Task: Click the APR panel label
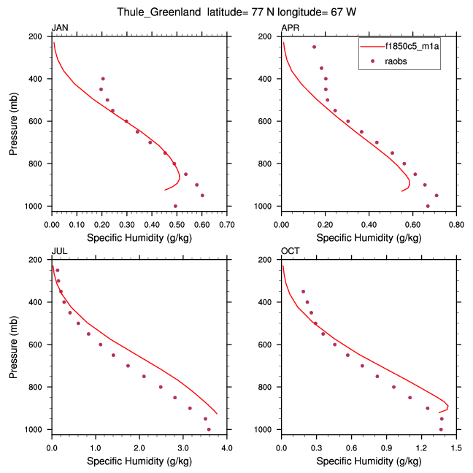coord(290,28)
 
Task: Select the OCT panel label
coord(290,251)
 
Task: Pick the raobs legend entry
coord(396,61)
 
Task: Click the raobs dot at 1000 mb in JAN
coord(175,207)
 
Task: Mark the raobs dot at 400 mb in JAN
coord(103,79)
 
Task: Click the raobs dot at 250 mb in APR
coord(314,47)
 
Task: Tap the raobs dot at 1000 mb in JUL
coord(209,430)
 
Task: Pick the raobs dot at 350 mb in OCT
coord(303,291)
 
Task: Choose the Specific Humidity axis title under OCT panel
coord(369,461)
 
